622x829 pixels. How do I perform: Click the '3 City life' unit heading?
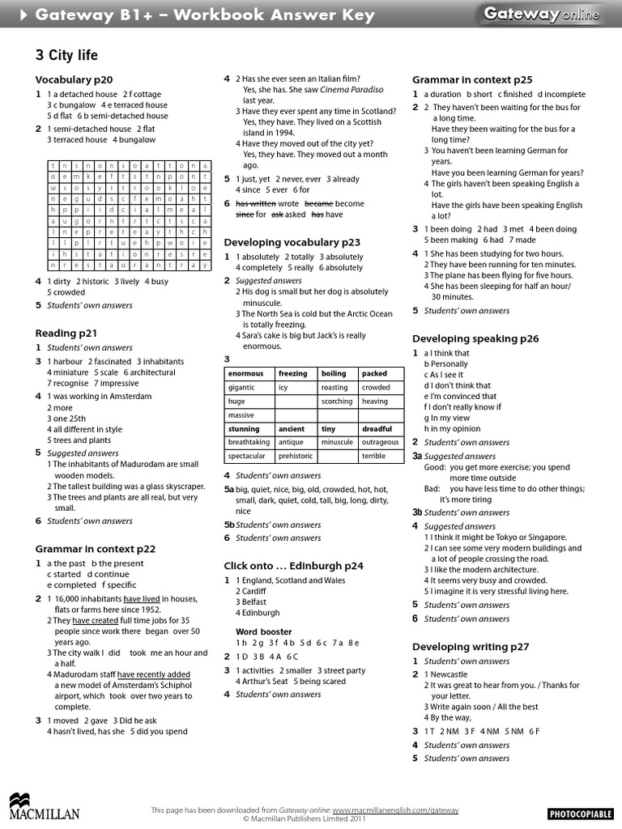[66, 55]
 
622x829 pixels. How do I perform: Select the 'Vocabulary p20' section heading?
[74, 79]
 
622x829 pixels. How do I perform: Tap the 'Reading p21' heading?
[66, 333]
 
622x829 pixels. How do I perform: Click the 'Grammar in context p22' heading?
[95, 548]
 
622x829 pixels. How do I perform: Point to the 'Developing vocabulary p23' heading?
[292, 242]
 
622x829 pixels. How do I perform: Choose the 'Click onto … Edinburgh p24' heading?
[293, 565]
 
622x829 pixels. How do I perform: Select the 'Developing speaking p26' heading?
[475, 338]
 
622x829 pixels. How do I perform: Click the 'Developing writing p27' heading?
[471, 646]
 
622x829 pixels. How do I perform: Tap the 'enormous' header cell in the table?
[246, 374]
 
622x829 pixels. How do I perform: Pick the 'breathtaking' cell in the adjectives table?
[249, 443]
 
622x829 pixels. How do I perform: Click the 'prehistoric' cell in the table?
[296, 457]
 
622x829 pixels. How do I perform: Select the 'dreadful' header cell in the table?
[377, 429]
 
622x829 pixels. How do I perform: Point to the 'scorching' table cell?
[337, 402]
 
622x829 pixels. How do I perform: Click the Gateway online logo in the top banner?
[541, 14]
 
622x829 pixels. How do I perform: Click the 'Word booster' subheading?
[258, 631]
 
